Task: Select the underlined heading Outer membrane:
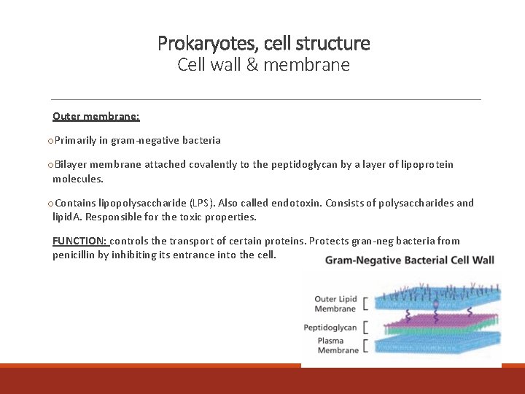[96, 116]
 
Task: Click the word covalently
[214, 164]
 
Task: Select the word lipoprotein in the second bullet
[426, 164]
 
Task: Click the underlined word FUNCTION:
[80, 241]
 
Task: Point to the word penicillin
[77, 255]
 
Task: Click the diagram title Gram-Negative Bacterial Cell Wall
[409, 260]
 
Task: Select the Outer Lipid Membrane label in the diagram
[335, 304]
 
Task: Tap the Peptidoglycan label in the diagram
[330, 328]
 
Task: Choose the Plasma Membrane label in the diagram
[338, 345]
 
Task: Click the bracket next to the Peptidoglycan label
[365, 327]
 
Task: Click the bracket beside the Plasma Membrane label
[365, 345]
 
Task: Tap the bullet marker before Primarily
[50, 140]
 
